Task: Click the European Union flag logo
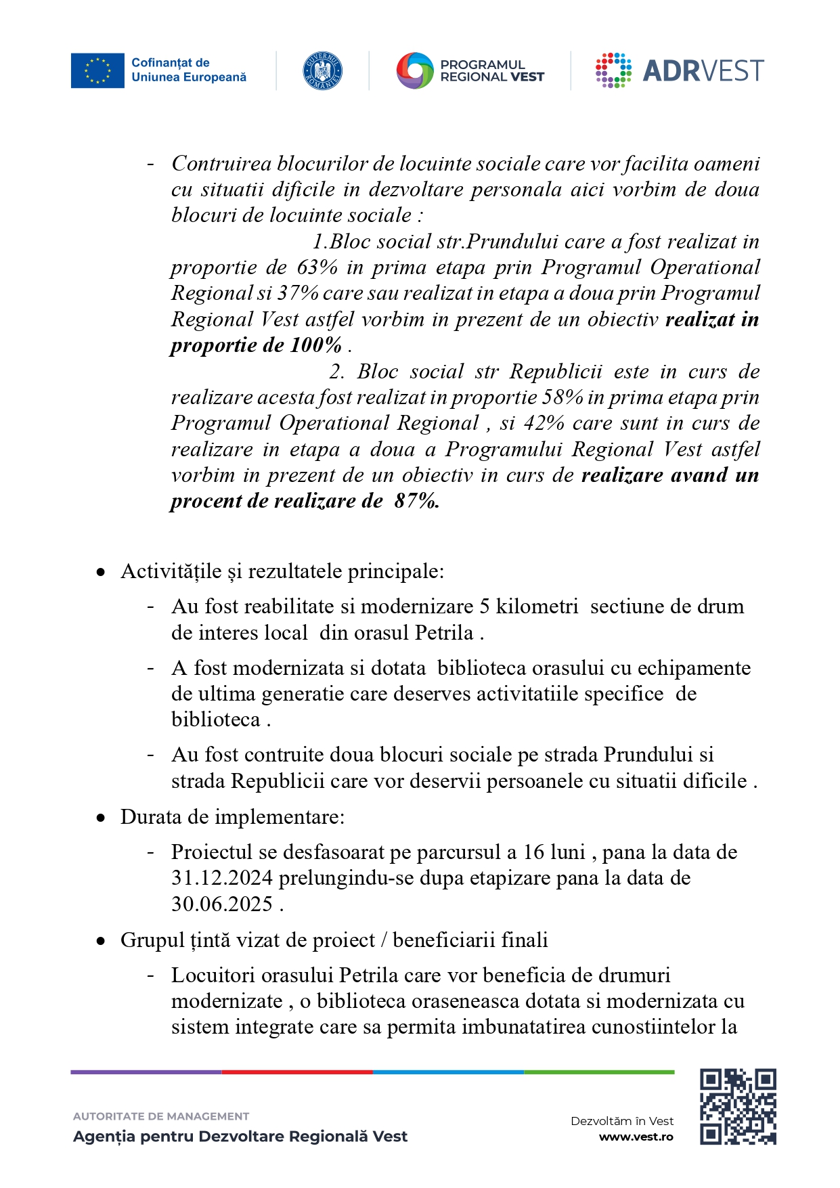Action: (x=97, y=70)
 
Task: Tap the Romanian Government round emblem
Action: (x=322, y=70)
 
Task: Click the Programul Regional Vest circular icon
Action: (x=414, y=70)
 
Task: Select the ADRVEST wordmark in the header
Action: (x=703, y=70)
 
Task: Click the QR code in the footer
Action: (x=737, y=1106)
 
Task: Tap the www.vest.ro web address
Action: (x=636, y=1137)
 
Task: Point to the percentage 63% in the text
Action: (x=317, y=267)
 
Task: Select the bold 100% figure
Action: (x=315, y=345)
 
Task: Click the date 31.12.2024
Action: (x=221, y=878)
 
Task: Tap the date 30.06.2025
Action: (x=221, y=904)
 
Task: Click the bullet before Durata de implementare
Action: (x=101, y=818)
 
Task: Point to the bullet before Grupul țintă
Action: (x=101, y=941)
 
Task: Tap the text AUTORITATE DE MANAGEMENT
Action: (x=161, y=1116)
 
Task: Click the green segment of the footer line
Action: (x=598, y=1072)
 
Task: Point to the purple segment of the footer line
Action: (x=146, y=1072)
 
